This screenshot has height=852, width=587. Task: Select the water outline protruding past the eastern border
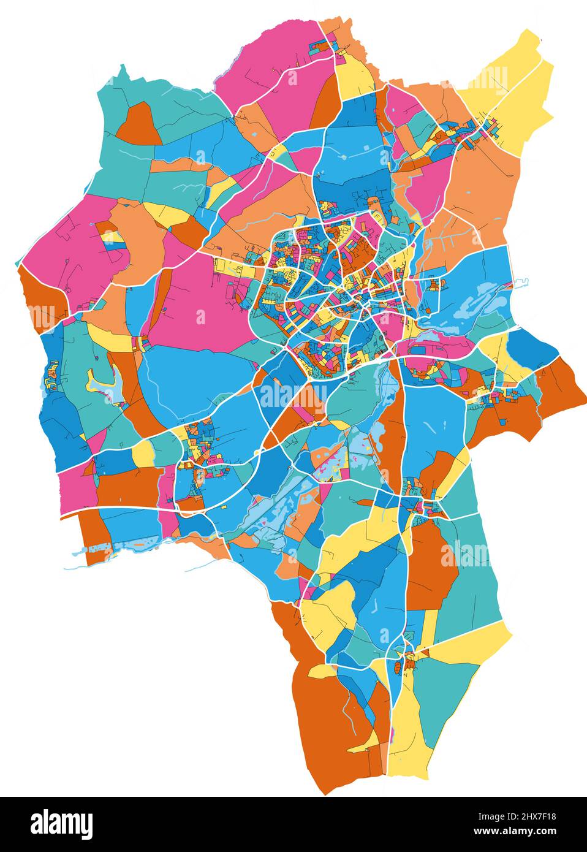pyautogui.click(x=520, y=283)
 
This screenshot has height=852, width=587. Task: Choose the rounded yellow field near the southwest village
pyautogui.click(x=143, y=454)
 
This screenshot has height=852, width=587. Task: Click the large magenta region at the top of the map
pyautogui.click(x=276, y=67)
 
